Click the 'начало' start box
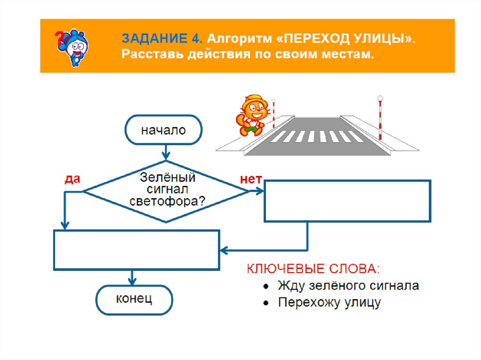(x=163, y=130)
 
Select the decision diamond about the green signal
(x=166, y=191)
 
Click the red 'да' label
(x=72, y=179)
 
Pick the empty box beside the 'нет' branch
(x=348, y=200)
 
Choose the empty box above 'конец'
(x=137, y=250)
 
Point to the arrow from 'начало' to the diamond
(x=165, y=152)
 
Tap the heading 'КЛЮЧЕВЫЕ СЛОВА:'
(x=314, y=269)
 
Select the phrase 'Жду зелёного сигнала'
(x=348, y=285)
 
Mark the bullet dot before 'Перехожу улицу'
(x=266, y=303)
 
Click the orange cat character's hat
(x=254, y=99)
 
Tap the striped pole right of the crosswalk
(x=380, y=119)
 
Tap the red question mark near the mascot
(x=59, y=37)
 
